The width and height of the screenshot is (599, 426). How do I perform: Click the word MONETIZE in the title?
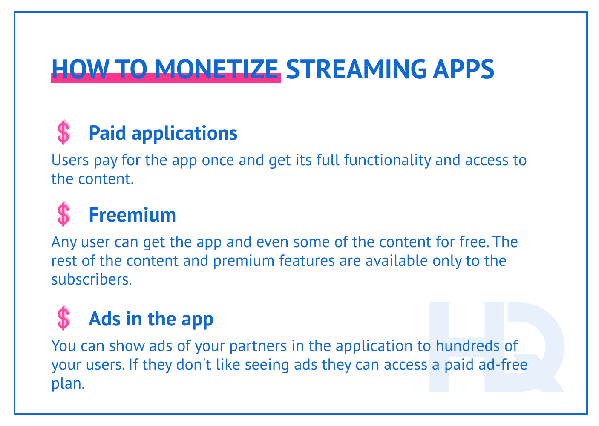pos(216,68)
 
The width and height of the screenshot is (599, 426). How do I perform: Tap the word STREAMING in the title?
pos(355,68)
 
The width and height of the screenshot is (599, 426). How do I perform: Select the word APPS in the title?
pos(464,68)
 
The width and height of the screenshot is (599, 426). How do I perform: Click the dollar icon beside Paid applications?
pos(63,132)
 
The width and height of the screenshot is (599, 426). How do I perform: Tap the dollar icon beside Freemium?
pos(63,214)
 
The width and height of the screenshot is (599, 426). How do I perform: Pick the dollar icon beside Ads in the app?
pos(63,318)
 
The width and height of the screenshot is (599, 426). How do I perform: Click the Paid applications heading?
pos(163,133)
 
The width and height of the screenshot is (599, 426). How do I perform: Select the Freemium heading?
pos(132,215)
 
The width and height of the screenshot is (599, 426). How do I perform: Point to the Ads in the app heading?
pos(151,319)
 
